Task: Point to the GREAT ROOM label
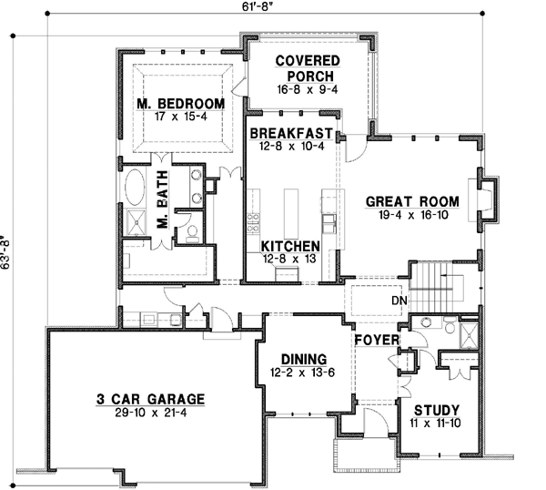coord(411,201)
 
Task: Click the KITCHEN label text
coord(289,247)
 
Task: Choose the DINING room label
coord(302,359)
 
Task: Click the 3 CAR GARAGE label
coord(151,399)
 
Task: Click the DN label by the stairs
coord(397,299)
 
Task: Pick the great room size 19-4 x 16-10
coord(411,217)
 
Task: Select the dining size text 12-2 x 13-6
coord(302,373)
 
